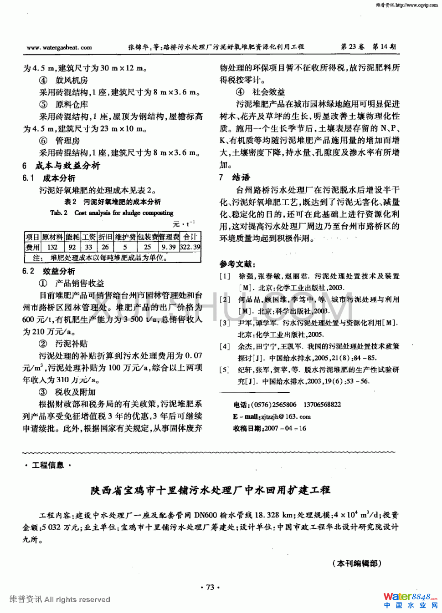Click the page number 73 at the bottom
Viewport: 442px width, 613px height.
pyautogui.click(x=210, y=587)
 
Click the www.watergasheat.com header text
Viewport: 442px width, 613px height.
pyautogui.click(x=59, y=47)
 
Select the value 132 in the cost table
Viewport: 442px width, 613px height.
pyautogui.click(x=52, y=247)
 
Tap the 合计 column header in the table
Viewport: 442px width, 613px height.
pyautogui.click(x=190, y=237)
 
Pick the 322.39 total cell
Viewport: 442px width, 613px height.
pyautogui.click(x=190, y=247)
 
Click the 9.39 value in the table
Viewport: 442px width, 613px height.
pyautogui.click(x=169, y=247)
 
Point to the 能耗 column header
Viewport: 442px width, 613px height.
pyautogui.click(x=72, y=237)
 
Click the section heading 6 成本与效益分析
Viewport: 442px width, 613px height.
pyautogui.click(x=62, y=166)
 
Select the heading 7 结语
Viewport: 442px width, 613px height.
pyautogui.click(x=235, y=177)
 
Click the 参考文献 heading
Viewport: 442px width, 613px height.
pyautogui.click(x=237, y=264)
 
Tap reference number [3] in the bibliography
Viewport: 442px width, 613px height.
pyautogui.click(x=225, y=323)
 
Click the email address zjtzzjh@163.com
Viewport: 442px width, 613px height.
pyautogui.click(x=286, y=416)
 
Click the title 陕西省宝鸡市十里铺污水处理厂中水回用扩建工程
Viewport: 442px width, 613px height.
pyautogui.click(x=210, y=490)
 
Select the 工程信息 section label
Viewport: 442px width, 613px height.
pyautogui.click(x=48, y=465)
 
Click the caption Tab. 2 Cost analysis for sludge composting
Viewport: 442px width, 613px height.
pyautogui.click(x=112, y=213)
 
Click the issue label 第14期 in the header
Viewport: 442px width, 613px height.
pyautogui.click(x=384, y=47)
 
